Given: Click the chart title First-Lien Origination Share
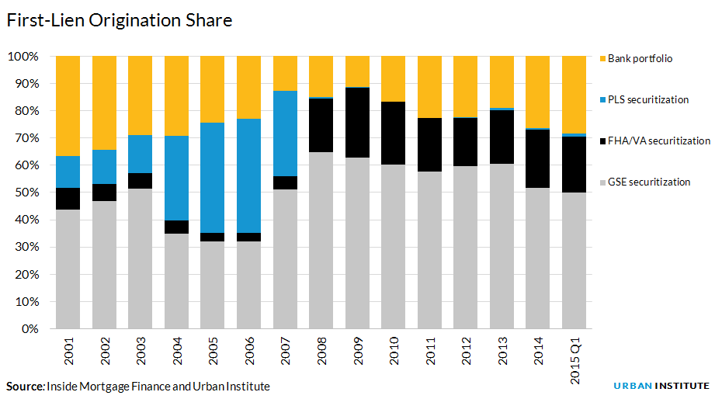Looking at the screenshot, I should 119,21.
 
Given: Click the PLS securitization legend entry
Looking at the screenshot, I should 647,99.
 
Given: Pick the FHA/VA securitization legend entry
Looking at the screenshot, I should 658,141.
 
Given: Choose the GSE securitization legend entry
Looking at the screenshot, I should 648,182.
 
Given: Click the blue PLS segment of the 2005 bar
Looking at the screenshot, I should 213,178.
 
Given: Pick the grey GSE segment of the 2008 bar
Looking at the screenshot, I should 321,240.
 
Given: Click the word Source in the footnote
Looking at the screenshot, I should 24,386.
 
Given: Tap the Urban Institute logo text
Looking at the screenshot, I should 661,386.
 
